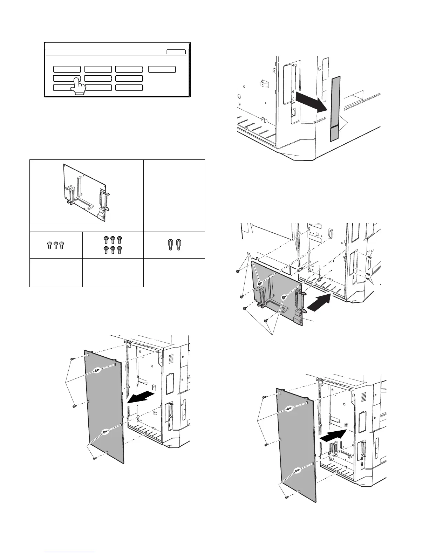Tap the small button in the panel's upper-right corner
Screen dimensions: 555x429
point(176,52)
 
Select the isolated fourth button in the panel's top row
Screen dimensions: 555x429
point(162,69)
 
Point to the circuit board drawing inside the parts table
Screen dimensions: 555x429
point(86,193)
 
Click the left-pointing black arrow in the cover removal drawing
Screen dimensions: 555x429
point(140,398)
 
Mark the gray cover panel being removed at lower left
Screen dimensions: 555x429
point(104,406)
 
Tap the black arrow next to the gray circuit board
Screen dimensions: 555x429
point(318,302)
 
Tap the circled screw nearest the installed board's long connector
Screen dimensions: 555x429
point(284,297)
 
